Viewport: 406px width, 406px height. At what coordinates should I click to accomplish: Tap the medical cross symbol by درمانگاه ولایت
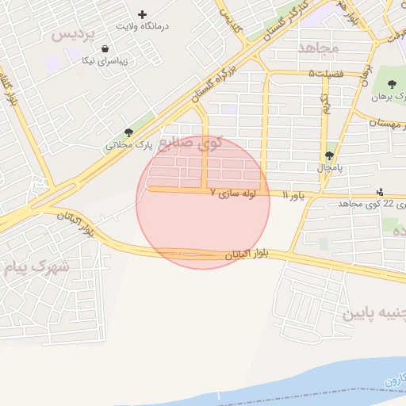pyautogui.click(x=143, y=14)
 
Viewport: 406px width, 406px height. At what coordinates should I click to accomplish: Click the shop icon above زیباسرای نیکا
pyautogui.click(x=105, y=49)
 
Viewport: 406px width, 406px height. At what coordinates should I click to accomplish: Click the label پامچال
pyautogui.click(x=329, y=168)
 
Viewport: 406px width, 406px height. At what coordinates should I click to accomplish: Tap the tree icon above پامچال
pyautogui.click(x=329, y=155)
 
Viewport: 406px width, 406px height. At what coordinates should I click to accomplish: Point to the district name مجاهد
pyautogui.click(x=318, y=48)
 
